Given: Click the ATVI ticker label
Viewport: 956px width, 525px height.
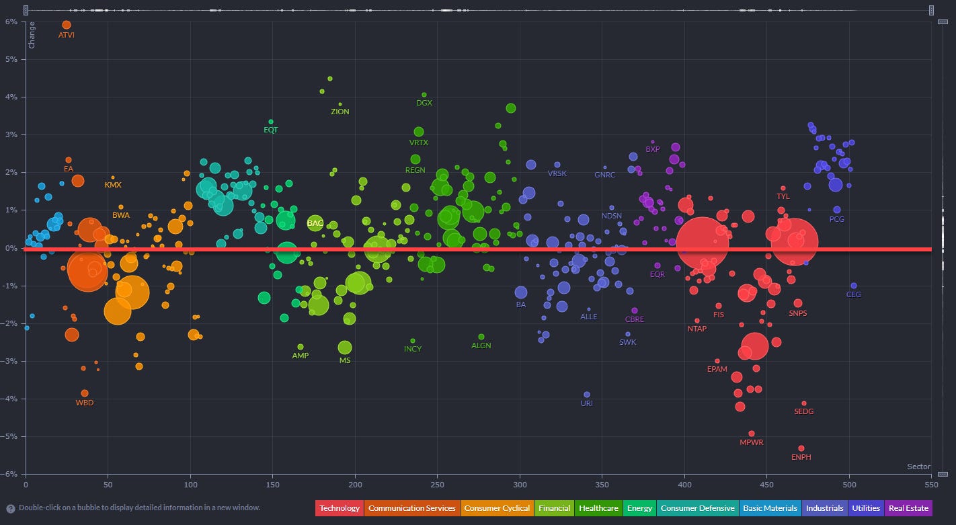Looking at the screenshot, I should point(67,35).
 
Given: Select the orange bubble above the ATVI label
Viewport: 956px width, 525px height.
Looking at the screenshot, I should point(66,25).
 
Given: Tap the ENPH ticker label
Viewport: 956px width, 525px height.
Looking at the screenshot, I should point(801,457).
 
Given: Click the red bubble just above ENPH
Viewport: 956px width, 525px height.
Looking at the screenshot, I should point(801,448).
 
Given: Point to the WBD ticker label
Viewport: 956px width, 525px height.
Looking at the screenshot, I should point(85,403).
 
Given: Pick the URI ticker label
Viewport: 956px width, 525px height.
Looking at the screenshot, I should point(586,403).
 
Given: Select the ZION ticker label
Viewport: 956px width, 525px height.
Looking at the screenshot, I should point(340,112).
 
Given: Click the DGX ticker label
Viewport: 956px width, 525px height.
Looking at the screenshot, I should point(424,103).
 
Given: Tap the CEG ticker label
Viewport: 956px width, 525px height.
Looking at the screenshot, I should point(853,294).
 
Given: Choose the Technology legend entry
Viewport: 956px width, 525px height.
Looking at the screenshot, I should point(340,508).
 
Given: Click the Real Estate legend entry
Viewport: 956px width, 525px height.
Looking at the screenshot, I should point(908,508).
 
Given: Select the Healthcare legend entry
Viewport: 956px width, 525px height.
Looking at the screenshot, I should point(598,508).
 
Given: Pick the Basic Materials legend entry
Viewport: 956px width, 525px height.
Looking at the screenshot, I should point(770,508).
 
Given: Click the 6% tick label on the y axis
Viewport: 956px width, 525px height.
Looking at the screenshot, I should point(12,22).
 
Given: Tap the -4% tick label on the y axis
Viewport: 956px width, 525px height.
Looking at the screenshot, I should point(11,399).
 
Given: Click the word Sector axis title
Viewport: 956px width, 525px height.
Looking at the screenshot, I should point(918,467).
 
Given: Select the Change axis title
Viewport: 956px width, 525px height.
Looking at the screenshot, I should point(32,35).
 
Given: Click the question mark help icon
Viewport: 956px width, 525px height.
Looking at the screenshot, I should point(11,508).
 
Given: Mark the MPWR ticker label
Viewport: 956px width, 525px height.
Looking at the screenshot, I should point(751,442).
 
